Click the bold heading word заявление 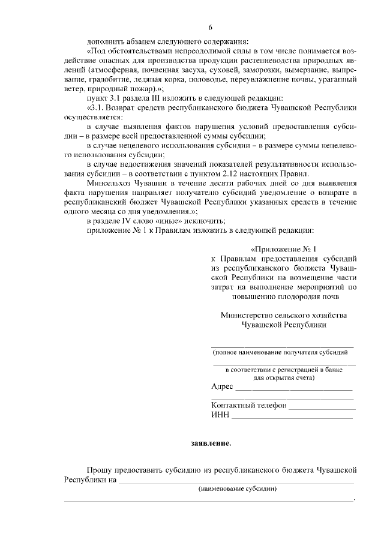tap(211, 444)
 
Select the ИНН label tap(220, 415)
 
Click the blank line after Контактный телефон tap(322, 408)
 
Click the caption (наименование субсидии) tap(238, 489)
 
